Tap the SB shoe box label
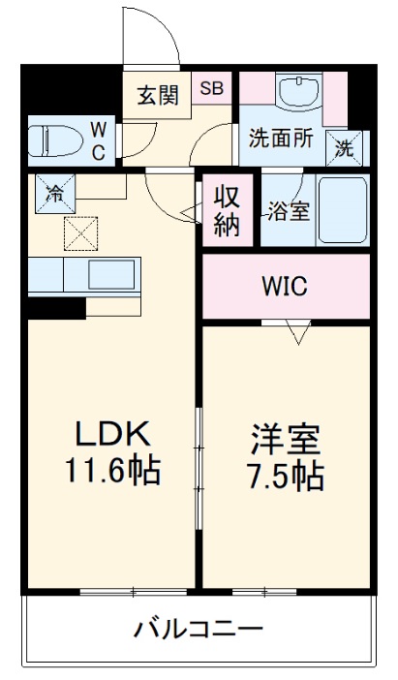[x=211, y=87]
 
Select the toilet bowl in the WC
[x=53, y=139]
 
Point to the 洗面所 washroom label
[x=280, y=138]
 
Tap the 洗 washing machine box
[x=345, y=147]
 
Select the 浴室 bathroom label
[x=290, y=210]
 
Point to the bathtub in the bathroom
[x=340, y=211]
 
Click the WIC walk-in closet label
[x=285, y=286]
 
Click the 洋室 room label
[x=283, y=441]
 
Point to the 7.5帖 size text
[x=283, y=476]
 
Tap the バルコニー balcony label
[x=198, y=631]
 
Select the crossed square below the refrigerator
[x=78, y=232]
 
